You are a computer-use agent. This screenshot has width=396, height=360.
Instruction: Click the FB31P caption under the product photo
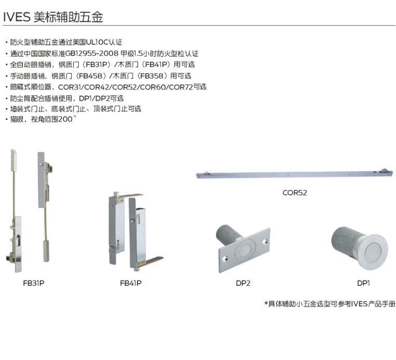[x=34, y=283]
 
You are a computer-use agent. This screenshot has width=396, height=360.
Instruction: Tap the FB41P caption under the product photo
[x=131, y=283]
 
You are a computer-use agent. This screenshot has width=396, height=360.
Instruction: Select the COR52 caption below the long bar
[x=295, y=192]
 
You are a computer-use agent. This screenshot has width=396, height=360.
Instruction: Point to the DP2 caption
[x=243, y=283]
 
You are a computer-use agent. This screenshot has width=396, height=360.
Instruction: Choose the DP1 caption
[x=363, y=283]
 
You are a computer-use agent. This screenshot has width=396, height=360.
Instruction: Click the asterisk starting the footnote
[x=266, y=304]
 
